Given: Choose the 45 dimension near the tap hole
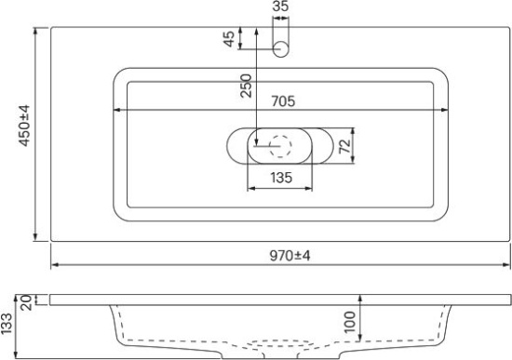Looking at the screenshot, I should [229, 38].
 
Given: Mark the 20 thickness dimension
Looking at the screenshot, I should [26, 300].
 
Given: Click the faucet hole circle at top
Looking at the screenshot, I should [282, 49].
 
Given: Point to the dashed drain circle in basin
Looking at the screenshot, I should [280, 146].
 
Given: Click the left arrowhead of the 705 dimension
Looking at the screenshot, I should [116, 110].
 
